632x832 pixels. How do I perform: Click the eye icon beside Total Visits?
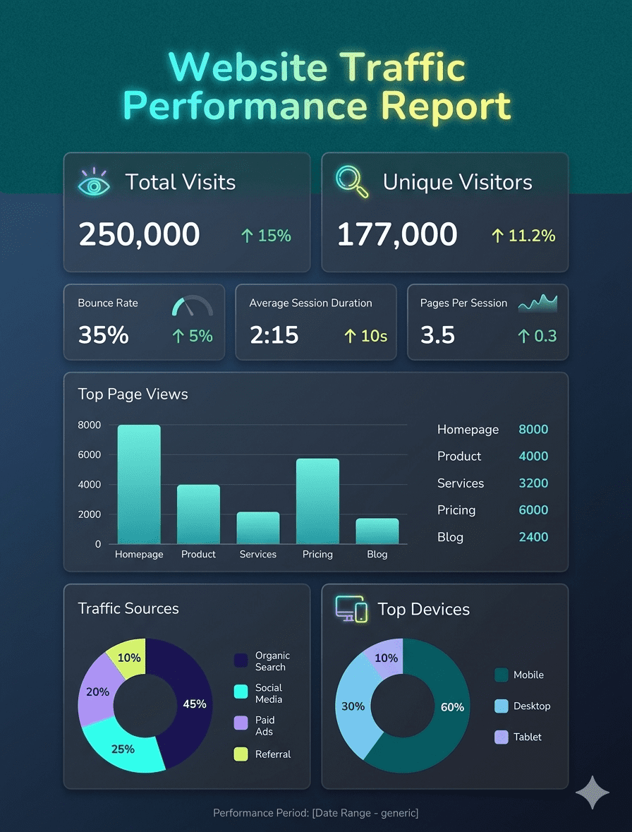[x=95, y=182]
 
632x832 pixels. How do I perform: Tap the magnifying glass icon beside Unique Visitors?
[x=352, y=181]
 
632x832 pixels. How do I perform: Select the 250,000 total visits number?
[x=139, y=234]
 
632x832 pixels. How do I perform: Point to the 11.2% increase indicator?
[x=523, y=236]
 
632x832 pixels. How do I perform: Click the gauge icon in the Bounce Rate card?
[x=192, y=306]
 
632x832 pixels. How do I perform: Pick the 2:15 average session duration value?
[x=274, y=335]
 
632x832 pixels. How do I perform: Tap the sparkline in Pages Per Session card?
[x=537, y=303]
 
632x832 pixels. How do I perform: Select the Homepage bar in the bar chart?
[x=139, y=484]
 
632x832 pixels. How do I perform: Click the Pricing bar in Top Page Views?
[x=317, y=501]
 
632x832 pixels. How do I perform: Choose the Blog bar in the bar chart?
[x=377, y=531]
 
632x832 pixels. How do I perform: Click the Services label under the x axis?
[x=258, y=555]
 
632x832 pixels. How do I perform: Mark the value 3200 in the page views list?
[x=533, y=483]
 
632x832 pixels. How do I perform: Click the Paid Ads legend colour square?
[x=241, y=722]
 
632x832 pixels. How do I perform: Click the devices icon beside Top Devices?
[x=351, y=609]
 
